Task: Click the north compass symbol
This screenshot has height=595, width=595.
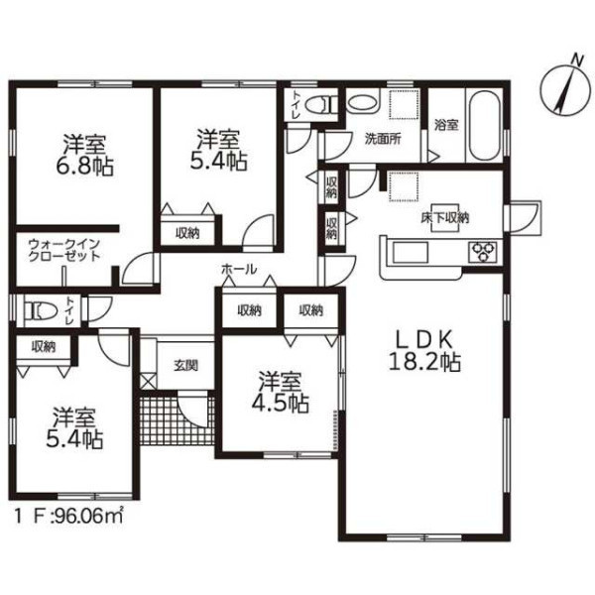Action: [566, 90]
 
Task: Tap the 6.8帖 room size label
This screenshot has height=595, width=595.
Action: [84, 167]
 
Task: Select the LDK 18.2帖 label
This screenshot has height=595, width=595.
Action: [424, 350]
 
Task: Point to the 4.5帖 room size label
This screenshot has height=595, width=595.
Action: [280, 404]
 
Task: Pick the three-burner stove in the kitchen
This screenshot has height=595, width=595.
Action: [483, 251]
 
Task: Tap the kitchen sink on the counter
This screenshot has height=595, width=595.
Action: [411, 252]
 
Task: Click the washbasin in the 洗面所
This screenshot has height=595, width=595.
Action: [362, 103]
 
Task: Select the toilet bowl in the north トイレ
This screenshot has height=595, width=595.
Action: [317, 104]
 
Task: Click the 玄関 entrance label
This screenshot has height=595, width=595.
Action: [186, 365]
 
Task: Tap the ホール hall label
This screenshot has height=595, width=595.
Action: [239, 270]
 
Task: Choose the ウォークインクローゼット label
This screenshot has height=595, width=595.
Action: [64, 250]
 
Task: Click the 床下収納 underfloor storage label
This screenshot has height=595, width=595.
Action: [444, 218]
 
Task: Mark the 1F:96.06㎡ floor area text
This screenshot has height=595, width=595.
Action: [68, 516]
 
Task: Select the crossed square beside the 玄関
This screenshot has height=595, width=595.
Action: [148, 382]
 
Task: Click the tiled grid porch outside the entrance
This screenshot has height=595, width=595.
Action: [178, 420]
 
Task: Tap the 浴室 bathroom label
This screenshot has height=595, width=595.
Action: [446, 125]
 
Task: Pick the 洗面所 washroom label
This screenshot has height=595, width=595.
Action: [383, 139]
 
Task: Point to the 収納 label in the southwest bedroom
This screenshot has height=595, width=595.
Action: [44, 346]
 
